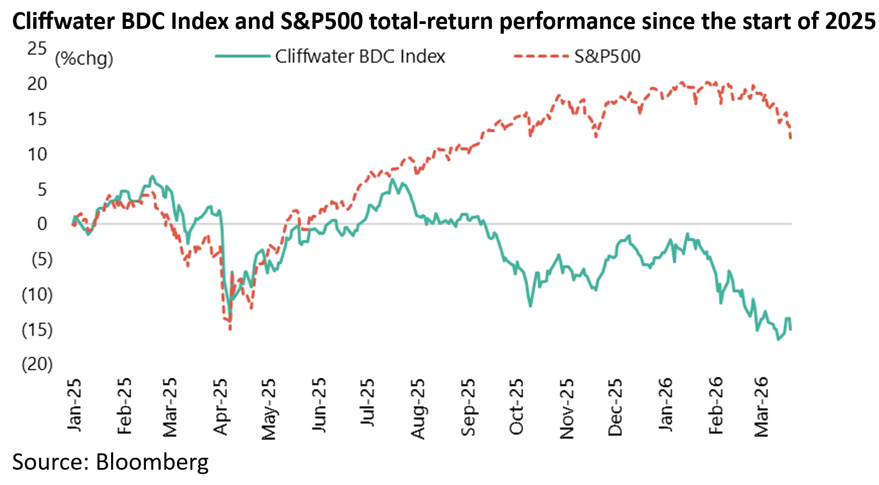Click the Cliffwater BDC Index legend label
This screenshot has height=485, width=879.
click(x=360, y=57)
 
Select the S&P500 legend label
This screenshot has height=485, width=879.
click(x=607, y=57)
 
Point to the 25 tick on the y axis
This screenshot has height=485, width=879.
click(x=37, y=48)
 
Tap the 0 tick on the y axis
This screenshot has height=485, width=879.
click(x=42, y=224)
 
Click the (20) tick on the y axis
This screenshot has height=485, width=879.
click(x=37, y=364)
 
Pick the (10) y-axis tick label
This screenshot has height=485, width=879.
click(x=37, y=294)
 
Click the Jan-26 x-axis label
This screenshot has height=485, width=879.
click(x=666, y=404)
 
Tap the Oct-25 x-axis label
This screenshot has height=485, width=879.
click(x=516, y=407)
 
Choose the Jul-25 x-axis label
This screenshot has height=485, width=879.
click(x=368, y=403)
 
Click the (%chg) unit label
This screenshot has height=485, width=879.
click(x=84, y=58)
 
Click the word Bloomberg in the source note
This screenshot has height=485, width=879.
click(x=152, y=462)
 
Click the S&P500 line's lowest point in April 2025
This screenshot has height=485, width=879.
click(x=230, y=329)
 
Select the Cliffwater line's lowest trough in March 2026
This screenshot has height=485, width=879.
click(x=778, y=339)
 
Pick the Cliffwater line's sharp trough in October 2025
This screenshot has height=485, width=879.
click(x=530, y=306)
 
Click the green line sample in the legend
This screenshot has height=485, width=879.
click(x=242, y=56)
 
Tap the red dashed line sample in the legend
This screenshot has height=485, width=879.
click(x=541, y=56)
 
